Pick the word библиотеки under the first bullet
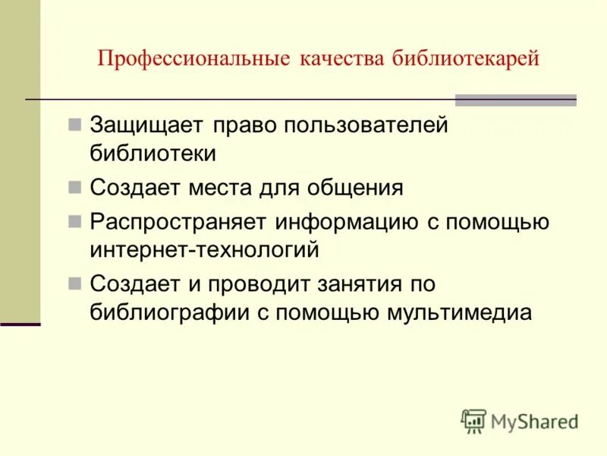coord(153,153)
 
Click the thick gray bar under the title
coord(515,100)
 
